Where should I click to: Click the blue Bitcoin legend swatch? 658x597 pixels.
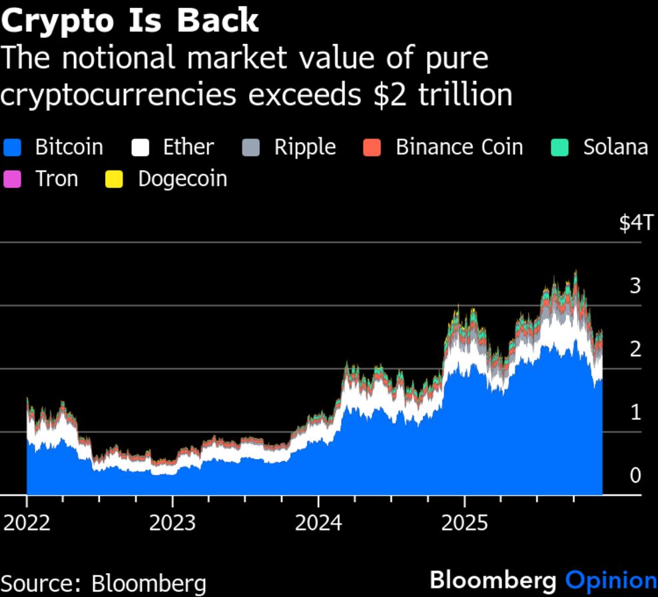tap(13, 147)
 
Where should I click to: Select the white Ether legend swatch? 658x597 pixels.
tap(140, 147)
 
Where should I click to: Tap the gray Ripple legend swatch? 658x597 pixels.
tap(251, 147)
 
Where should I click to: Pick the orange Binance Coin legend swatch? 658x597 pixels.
tap(372, 147)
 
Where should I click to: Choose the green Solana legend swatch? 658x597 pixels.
tap(560, 147)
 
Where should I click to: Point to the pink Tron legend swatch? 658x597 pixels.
tap(13, 179)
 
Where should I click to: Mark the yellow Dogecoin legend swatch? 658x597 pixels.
tap(115, 179)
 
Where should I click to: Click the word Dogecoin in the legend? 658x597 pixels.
tap(182, 179)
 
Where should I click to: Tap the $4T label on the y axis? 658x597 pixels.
tap(637, 223)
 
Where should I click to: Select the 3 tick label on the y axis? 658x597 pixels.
tap(635, 286)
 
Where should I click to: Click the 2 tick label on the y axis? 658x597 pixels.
tap(635, 349)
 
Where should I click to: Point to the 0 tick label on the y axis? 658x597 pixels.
tap(635, 475)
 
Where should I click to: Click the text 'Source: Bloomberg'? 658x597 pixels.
tap(103, 583)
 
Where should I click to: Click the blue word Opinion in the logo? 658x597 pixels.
tap(611, 580)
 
